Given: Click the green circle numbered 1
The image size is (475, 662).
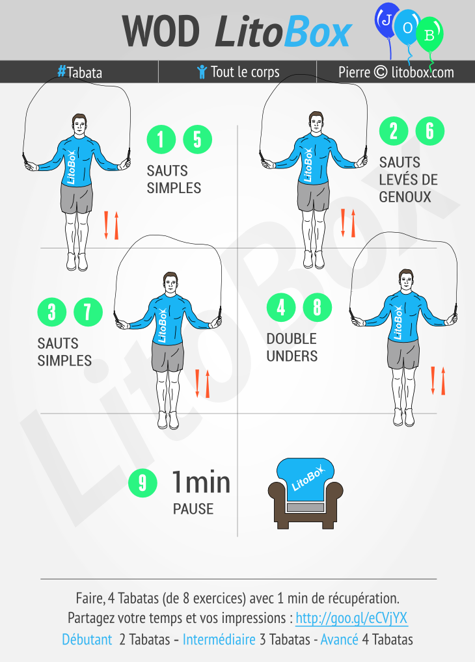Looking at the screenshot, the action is point(161,139).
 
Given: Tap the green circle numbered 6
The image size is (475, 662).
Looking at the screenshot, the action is point(430,131).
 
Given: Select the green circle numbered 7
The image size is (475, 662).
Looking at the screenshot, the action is point(88,312).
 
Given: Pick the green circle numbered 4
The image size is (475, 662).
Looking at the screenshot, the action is point(281,308).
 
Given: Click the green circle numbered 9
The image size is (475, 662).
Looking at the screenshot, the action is point(143,483).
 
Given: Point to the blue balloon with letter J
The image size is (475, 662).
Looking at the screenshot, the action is point(387,20).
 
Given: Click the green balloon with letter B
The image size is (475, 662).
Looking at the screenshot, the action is point(429,34).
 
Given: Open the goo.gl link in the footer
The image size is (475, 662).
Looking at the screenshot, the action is point(351,618).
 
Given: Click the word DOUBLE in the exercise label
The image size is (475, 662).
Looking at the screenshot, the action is point(292,339).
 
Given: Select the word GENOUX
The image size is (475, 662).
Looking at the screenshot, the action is point(405,197).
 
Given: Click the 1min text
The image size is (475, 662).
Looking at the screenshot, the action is point(201,482).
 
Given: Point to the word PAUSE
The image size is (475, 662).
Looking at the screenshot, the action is point(193,509).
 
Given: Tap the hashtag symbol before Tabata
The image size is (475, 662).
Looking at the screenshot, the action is point(62,71).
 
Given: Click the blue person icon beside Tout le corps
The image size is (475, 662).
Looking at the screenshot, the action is point(202,72).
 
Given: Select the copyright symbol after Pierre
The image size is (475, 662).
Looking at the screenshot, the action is point(381,72).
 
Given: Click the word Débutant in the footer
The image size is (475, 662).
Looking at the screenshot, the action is point(87,639).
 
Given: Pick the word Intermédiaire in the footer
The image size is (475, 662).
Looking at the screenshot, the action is point(219,639).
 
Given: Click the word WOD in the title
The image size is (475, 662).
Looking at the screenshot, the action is point(161,31).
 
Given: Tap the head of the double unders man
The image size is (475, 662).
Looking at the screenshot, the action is point(406,280).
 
